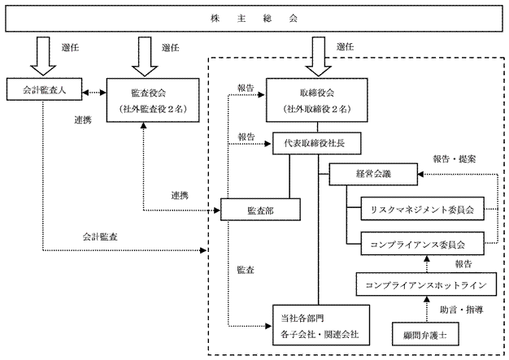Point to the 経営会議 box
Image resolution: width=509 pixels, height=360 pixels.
click(373, 173)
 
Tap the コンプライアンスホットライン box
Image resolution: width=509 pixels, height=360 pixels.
click(426, 284)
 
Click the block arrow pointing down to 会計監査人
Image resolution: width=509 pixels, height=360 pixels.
click(40, 53)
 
